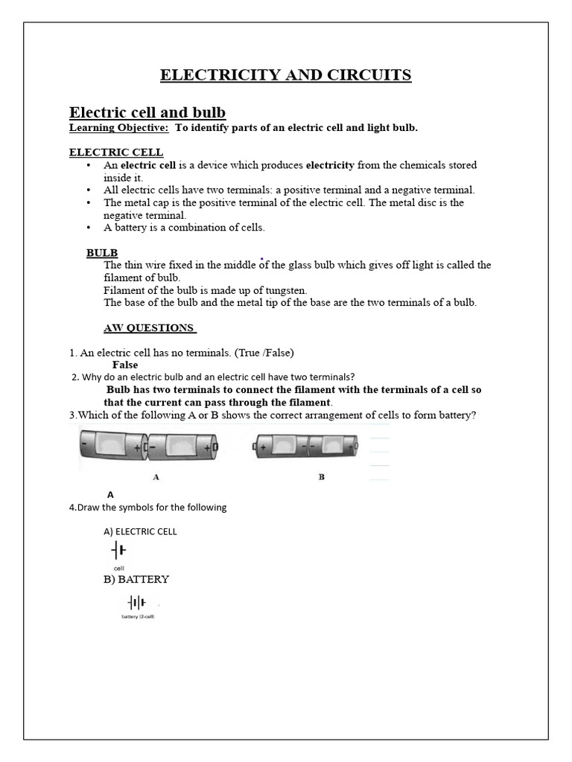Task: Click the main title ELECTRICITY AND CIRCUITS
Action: click(x=286, y=74)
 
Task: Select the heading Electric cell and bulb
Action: click(x=147, y=112)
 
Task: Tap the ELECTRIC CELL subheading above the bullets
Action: click(x=116, y=153)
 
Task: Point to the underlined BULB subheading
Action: click(x=102, y=253)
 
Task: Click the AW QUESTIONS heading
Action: click(x=149, y=328)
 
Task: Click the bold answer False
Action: click(x=125, y=365)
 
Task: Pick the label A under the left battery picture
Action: click(x=156, y=476)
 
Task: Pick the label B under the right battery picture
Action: click(x=322, y=477)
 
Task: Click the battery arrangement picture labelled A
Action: click(x=149, y=447)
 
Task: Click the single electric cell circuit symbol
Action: click(x=118, y=551)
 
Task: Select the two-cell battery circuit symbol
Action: click(x=136, y=602)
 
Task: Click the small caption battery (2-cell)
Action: click(x=138, y=617)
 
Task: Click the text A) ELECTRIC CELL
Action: click(x=140, y=531)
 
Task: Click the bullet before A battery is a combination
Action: click(x=89, y=228)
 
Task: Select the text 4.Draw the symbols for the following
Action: click(x=147, y=508)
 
